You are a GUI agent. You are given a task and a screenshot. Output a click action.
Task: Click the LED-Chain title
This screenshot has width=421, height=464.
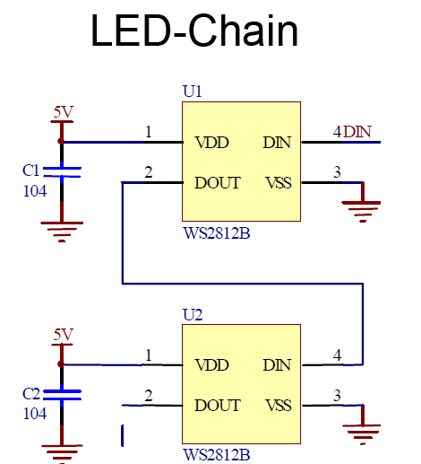click(x=194, y=32)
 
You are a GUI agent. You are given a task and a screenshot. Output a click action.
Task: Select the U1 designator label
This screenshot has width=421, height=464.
click(x=193, y=92)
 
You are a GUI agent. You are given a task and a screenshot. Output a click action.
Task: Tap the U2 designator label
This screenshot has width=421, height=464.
click(x=193, y=315)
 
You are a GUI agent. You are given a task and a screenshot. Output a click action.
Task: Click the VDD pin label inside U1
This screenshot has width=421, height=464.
click(x=211, y=143)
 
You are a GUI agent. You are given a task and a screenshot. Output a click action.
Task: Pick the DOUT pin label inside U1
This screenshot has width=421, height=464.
click(x=218, y=183)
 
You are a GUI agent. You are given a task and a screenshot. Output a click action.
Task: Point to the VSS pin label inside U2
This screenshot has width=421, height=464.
click(x=279, y=406)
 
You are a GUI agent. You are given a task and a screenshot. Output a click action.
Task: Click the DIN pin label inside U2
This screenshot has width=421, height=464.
click(x=277, y=365)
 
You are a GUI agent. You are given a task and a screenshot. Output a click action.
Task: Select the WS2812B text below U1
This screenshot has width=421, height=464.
click(x=216, y=232)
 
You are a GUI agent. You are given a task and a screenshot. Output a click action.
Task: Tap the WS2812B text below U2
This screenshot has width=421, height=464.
click(x=216, y=455)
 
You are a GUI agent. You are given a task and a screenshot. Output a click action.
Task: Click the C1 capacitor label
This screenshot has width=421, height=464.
click(x=30, y=170)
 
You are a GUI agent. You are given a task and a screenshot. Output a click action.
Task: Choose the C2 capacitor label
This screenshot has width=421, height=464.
click(x=30, y=393)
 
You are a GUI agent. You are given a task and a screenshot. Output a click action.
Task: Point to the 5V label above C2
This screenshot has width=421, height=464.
click(x=63, y=335)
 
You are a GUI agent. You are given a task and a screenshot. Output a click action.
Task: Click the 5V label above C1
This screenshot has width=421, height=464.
click(x=63, y=112)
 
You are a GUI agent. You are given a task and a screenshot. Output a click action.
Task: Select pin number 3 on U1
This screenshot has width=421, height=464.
click(x=337, y=172)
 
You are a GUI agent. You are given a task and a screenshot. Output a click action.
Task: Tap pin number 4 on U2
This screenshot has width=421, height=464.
click(x=337, y=355)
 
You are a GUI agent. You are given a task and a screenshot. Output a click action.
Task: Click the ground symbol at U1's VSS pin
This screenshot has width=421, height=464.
click(x=362, y=205)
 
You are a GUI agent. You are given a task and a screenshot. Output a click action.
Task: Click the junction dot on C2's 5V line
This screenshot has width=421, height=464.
click(x=61, y=364)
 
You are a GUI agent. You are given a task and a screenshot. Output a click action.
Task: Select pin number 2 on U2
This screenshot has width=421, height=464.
click(x=148, y=395)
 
